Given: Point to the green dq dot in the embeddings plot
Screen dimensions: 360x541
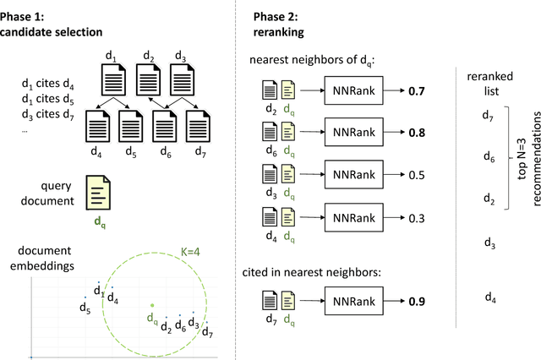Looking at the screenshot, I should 151,306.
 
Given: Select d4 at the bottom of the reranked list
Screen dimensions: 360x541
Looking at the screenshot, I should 489,297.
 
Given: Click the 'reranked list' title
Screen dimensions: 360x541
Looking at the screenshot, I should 489,82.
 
